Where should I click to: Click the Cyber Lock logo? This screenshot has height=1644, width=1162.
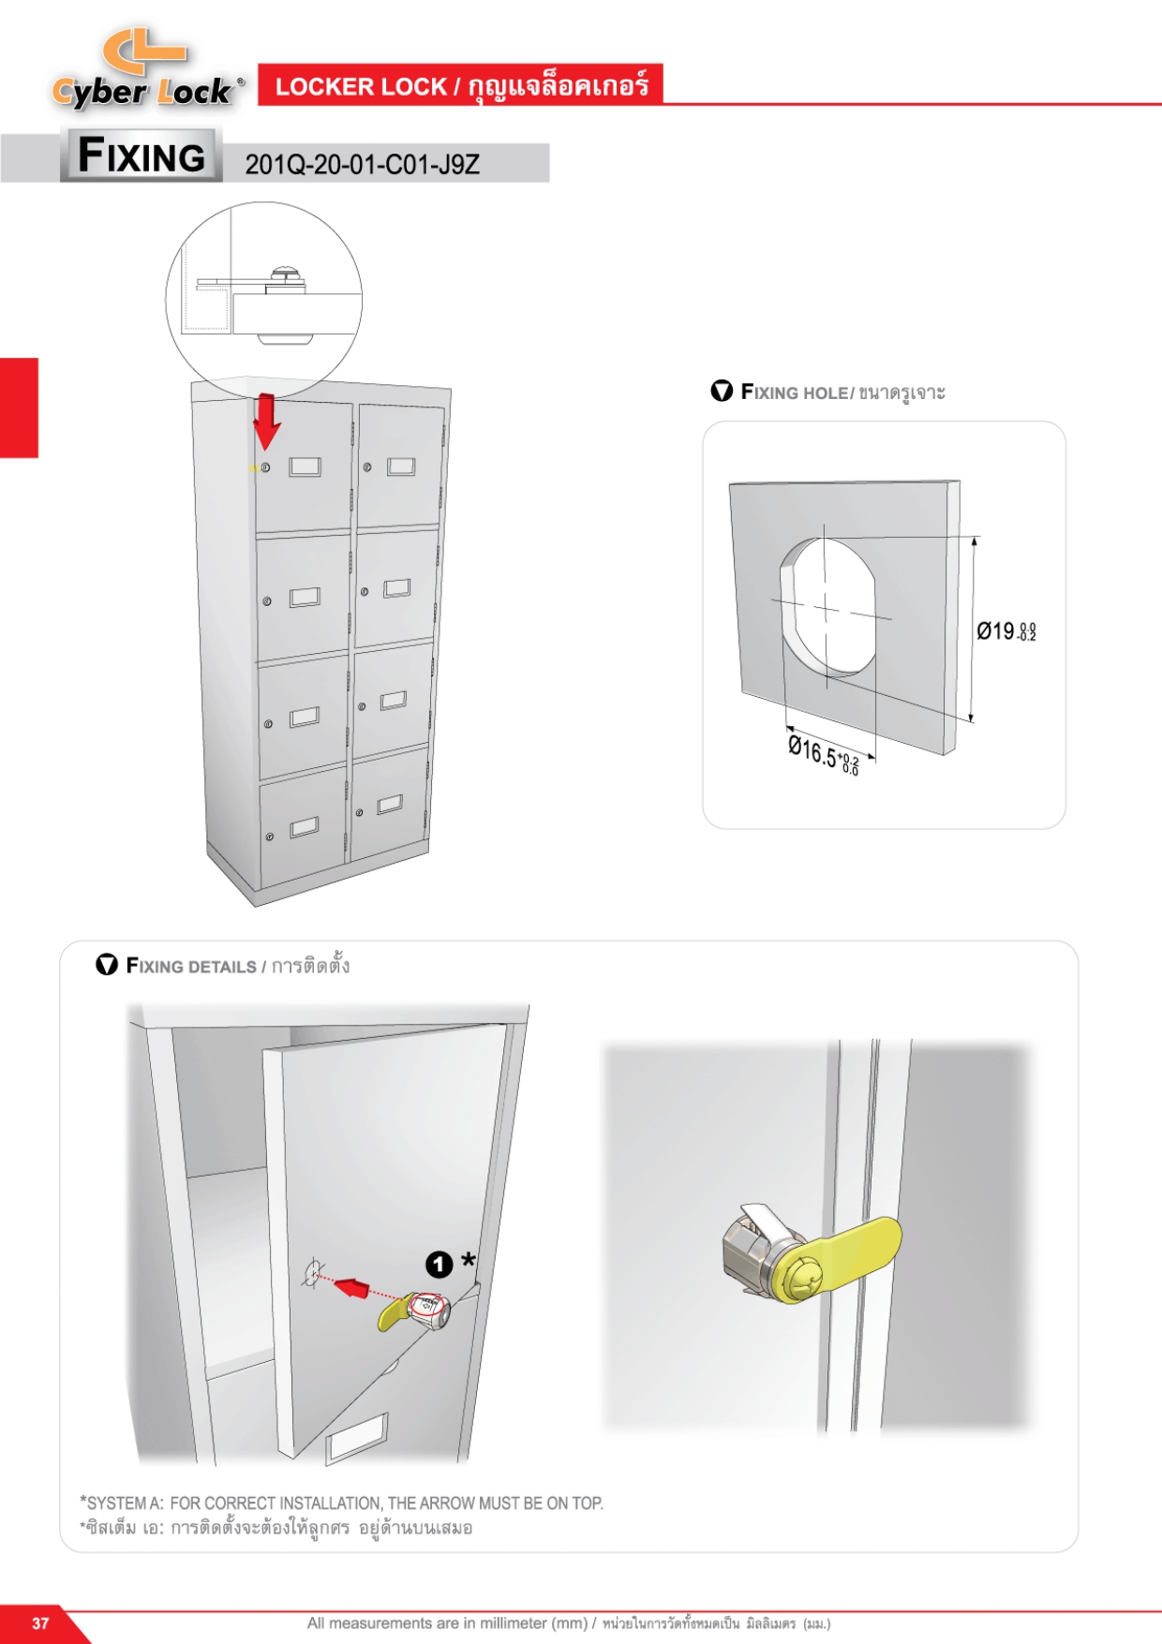146,70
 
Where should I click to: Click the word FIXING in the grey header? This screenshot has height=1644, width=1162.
142,155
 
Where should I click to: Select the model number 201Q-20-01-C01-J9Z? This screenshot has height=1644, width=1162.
362,165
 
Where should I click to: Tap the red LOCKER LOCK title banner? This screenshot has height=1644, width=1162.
460,86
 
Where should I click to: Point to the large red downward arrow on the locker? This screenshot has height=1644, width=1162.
267,420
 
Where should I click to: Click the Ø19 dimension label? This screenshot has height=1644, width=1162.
1006,631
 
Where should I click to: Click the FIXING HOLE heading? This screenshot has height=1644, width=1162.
842,392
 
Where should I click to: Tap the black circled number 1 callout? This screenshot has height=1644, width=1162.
439,1265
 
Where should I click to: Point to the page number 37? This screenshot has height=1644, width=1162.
40,1623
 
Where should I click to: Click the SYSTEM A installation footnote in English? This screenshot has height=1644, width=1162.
342,1503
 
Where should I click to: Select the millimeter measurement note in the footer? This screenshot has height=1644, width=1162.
568,1623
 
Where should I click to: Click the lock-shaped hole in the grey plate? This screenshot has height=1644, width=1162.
827,606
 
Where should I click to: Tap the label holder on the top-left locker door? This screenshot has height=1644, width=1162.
305,467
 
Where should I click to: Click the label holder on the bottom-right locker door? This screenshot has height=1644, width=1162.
390,804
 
